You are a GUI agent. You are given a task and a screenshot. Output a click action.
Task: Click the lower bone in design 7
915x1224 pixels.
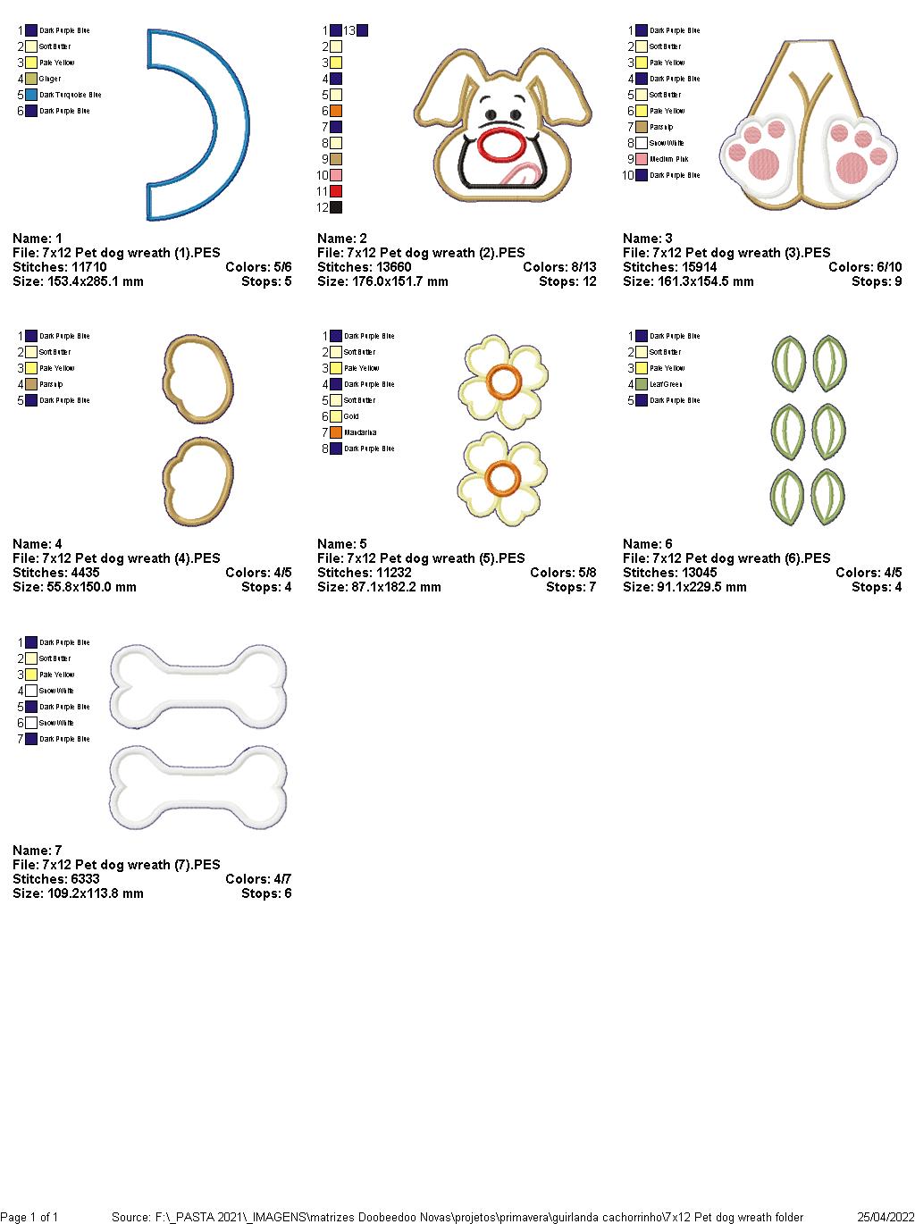(x=198, y=786)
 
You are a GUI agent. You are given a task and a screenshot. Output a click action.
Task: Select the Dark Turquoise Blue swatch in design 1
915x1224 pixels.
(x=31, y=95)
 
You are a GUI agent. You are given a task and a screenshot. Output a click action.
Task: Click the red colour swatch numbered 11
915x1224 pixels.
(x=336, y=191)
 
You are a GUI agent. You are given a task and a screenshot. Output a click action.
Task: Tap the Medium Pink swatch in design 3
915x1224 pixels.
(x=642, y=159)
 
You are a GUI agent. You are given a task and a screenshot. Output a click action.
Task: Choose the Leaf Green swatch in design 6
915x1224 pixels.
(x=642, y=384)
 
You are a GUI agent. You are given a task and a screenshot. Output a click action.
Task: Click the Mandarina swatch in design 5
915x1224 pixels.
(x=336, y=432)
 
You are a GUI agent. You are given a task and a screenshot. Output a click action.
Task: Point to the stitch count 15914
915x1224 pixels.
(x=693, y=267)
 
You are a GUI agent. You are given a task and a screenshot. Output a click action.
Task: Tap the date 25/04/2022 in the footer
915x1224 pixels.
(x=886, y=1217)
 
